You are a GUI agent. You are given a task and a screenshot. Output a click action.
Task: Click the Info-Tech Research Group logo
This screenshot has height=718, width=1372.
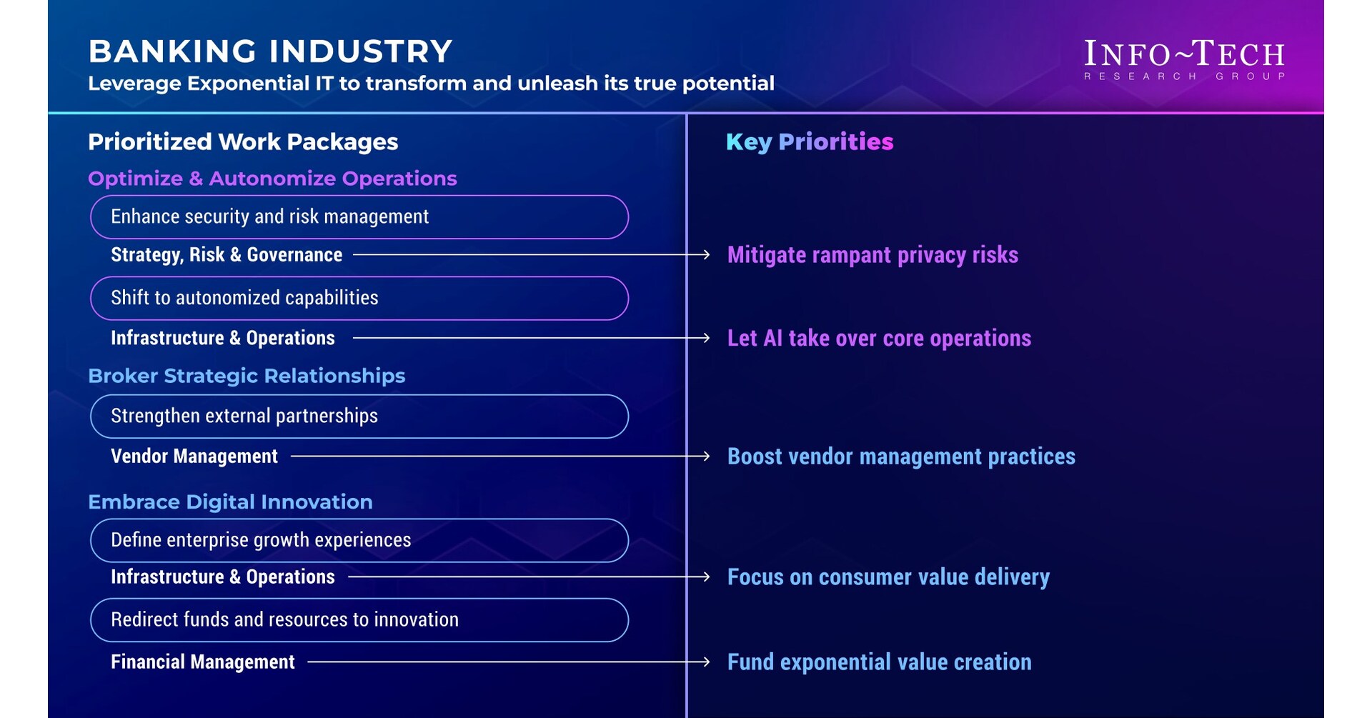[x=1184, y=59]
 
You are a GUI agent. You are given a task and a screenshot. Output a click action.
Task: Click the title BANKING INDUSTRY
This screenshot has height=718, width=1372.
[x=270, y=51]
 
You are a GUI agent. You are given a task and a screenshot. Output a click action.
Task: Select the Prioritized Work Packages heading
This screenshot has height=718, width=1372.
[x=243, y=141]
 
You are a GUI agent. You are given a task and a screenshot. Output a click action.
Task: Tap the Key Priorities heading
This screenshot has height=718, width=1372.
[x=810, y=141]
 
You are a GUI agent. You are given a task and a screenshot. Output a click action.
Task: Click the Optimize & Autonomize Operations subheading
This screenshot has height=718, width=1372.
[x=272, y=179]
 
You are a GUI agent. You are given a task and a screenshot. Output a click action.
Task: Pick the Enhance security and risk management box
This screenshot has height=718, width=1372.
[x=359, y=216]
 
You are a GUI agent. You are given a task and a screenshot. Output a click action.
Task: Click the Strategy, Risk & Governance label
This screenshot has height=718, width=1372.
[x=227, y=255]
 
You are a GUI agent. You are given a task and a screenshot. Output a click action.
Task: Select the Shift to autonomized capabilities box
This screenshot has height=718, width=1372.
[x=359, y=298]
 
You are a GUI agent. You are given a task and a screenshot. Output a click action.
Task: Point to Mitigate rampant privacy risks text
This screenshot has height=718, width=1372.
[x=873, y=255]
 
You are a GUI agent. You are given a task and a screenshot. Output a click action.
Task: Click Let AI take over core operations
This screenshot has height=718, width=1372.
[x=879, y=338]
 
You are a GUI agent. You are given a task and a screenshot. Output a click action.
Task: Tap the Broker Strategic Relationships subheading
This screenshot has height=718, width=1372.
[x=247, y=376]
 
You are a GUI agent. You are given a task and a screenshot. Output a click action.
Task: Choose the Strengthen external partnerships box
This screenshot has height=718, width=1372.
[x=359, y=416]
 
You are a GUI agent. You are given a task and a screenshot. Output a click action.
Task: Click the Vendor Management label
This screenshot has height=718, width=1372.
[x=194, y=457]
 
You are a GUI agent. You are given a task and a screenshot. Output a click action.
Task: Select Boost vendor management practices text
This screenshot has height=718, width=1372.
[x=901, y=457]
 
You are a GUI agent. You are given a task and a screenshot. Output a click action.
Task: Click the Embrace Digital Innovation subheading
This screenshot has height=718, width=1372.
[x=230, y=502]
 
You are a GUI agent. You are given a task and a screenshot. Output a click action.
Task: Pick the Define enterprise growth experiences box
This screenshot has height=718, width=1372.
[x=359, y=540]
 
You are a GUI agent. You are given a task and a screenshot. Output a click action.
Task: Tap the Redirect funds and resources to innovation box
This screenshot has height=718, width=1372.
[x=359, y=619]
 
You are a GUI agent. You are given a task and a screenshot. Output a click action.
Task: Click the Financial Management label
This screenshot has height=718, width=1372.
[x=203, y=662]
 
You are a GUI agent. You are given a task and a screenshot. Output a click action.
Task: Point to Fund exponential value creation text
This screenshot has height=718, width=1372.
[x=879, y=662]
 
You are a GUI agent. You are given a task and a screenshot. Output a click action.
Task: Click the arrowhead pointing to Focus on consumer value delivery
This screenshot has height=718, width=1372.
[x=706, y=577]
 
